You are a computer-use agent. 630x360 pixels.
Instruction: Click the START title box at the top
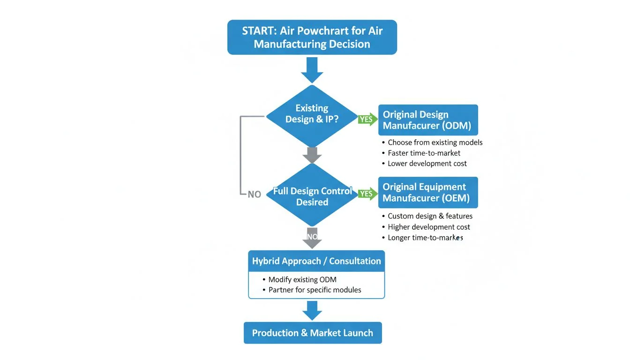[312, 37]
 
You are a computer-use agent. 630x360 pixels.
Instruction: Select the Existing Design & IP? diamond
[312, 115]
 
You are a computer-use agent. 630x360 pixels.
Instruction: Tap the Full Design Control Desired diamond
[312, 195]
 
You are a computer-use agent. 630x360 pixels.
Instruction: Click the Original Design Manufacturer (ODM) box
[428, 120]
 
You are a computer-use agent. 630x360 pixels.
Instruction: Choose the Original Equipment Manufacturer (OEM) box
[428, 192]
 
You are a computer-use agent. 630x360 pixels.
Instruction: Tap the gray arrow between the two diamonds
[312, 155]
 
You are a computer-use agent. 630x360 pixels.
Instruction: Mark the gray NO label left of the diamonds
[254, 194]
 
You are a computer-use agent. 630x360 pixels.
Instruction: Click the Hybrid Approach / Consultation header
[316, 261]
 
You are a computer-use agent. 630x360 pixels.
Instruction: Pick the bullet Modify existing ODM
[302, 280]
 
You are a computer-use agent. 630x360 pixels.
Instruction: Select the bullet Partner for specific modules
[315, 290]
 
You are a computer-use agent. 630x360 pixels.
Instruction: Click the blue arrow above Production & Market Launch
[312, 310]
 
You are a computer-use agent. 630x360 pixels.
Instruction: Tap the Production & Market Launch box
[313, 333]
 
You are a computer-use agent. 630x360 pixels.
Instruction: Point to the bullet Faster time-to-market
[424, 153]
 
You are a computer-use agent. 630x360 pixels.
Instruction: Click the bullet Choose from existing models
[435, 142]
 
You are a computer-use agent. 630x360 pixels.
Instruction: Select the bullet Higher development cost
[429, 227]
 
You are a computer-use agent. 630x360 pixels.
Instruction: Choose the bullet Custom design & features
[430, 216]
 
